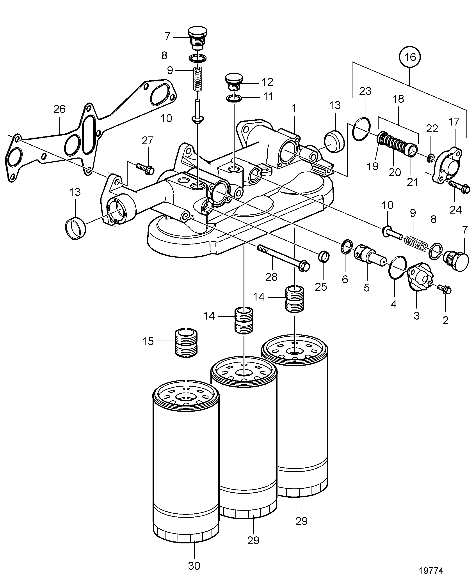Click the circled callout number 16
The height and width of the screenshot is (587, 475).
[x=410, y=57]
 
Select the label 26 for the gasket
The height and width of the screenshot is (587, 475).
[x=59, y=109]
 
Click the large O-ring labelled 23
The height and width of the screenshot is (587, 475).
[x=361, y=129]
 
